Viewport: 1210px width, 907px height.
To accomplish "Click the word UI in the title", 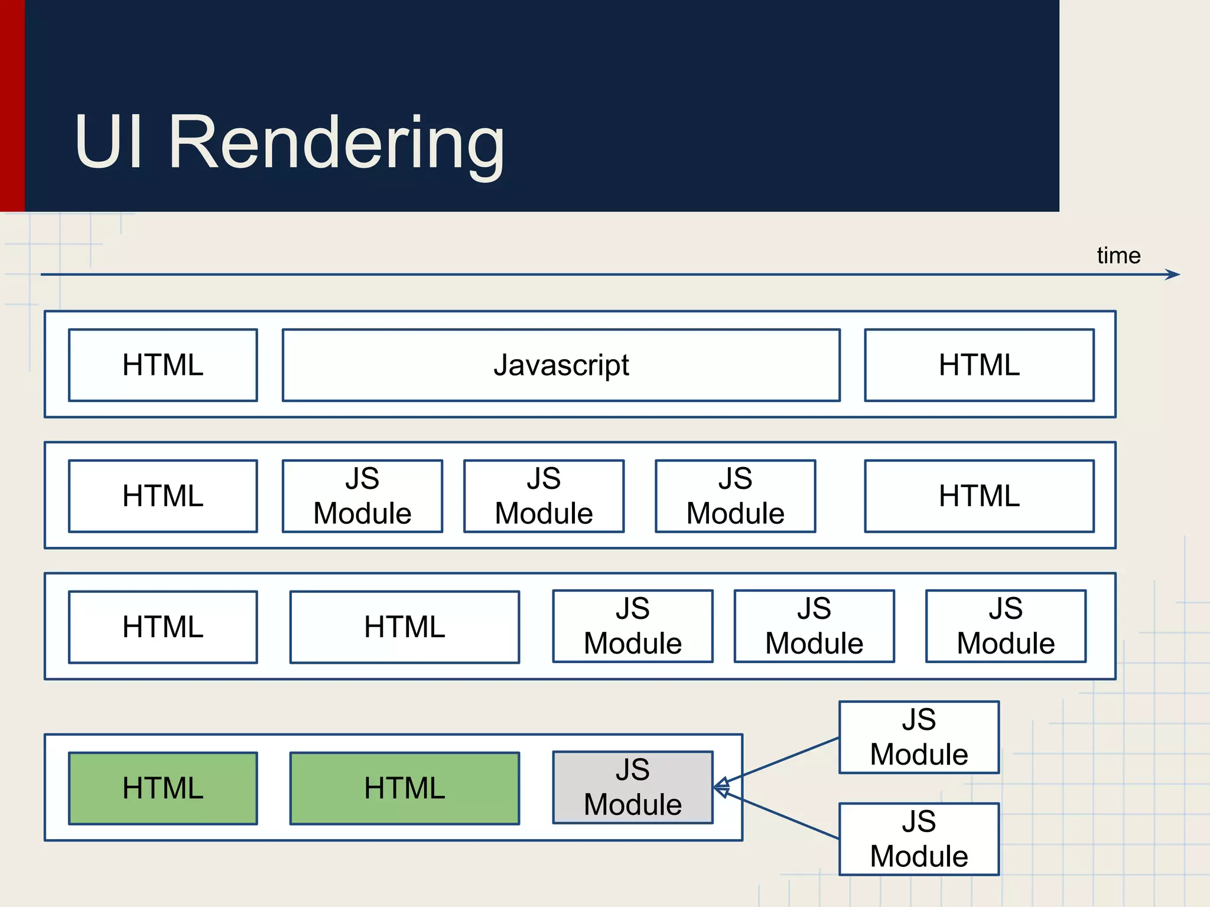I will pos(109,142).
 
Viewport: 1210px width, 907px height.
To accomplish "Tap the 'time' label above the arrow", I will pos(1118,256).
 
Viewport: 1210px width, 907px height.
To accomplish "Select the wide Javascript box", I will pos(561,365).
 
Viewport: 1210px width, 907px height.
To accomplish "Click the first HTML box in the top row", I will pos(162,365).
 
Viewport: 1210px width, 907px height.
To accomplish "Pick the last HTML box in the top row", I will pos(979,365).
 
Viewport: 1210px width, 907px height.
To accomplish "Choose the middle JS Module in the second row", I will pos(544,496).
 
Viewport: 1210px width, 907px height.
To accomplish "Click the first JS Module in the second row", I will pos(362,496).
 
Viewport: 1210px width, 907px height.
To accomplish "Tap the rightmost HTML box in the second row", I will pos(979,496).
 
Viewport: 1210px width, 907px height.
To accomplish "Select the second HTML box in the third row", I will pos(404,627).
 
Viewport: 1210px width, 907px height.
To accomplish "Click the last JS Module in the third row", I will pos(1006,626).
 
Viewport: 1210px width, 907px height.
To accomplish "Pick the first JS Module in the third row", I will pos(632,626).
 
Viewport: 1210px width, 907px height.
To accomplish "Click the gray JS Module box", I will pos(632,787).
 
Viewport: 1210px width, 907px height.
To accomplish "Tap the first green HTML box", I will pos(162,788).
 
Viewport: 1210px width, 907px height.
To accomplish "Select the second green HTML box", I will pos(404,788).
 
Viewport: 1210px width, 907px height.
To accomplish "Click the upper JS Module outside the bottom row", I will pos(919,737).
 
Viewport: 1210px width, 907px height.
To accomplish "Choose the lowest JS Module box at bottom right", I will pos(919,839).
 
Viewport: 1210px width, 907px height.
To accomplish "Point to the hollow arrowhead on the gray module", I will pos(721,788).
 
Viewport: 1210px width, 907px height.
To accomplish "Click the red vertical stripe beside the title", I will pos(12,106).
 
